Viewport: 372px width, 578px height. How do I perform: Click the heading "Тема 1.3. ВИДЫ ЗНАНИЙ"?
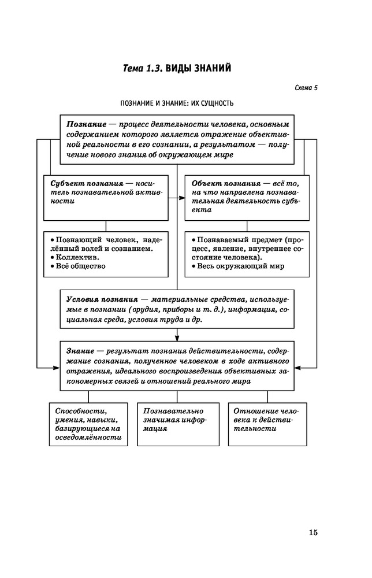coord(177,69)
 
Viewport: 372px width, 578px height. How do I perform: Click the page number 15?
coord(313,532)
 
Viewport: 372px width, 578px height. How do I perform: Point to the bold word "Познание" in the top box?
coord(85,124)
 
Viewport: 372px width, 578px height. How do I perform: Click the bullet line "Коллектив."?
coord(74,257)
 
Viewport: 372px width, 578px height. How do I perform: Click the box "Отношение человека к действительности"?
coord(267,420)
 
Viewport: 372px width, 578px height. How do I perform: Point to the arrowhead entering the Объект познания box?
coord(182,198)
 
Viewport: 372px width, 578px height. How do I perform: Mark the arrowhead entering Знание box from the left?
coord(57,367)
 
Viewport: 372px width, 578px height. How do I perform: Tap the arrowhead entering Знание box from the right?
coord(298,367)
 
